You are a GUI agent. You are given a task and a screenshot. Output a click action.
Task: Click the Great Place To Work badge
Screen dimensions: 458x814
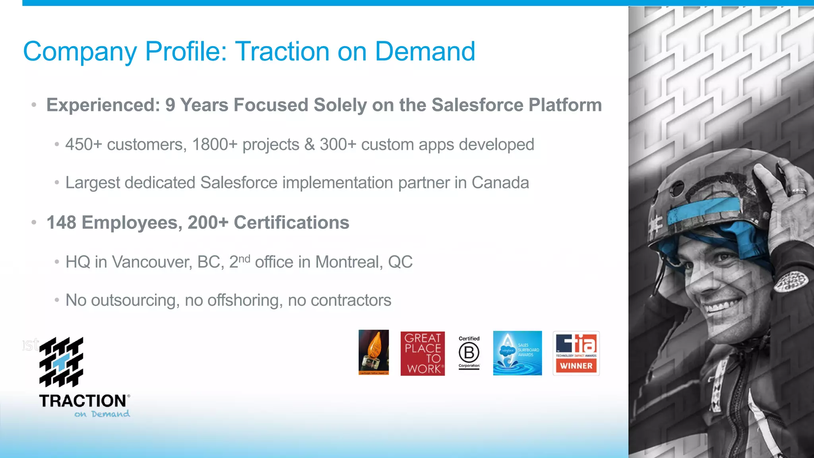click(423, 353)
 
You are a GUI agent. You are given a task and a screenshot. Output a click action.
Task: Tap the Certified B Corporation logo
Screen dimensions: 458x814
click(469, 352)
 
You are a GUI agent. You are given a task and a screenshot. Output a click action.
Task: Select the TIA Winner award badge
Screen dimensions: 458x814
click(576, 353)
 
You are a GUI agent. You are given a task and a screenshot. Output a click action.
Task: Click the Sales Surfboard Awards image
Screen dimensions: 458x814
click(517, 353)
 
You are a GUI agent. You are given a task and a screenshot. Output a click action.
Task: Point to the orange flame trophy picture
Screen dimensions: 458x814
click(374, 352)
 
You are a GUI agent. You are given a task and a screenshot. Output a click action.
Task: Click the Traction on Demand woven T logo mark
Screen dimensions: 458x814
click(61, 362)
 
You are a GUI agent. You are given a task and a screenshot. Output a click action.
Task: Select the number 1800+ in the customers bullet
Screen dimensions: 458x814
click(215, 145)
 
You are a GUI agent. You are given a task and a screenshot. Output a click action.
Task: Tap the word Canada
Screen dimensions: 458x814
click(500, 183)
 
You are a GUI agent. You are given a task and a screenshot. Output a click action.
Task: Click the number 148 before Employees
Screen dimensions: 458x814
click(61, 223)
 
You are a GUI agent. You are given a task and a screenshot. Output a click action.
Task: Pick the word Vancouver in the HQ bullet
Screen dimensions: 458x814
click(152, 262)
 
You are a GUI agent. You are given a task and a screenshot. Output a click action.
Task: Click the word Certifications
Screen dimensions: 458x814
click(291, 223)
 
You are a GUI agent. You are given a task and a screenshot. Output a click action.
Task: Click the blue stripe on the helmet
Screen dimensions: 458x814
click(704, 211)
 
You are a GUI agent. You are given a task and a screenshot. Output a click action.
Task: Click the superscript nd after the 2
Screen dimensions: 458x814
click(244, 258)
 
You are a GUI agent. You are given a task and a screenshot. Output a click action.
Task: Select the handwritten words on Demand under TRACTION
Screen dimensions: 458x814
click(102, 414)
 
